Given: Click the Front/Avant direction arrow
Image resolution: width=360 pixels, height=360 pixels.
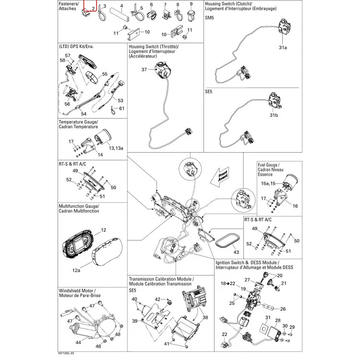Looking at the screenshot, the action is click(x=220, y=176).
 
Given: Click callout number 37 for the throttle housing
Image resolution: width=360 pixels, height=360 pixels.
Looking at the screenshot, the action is click(x=144, y=69).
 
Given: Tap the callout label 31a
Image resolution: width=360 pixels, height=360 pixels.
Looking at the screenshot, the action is click(x=283, y=48).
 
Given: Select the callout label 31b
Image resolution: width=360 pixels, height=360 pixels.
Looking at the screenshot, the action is click(x=274, y=115).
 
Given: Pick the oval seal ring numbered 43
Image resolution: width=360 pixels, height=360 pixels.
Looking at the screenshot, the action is click(x=228, y=240).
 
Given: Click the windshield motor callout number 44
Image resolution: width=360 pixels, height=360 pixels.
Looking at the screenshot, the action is click(x=78, y=342).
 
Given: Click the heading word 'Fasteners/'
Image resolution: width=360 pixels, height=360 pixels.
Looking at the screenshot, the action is click(x=69, y=4).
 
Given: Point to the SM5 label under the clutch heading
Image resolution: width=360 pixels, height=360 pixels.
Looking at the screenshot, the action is click(x=209, y=18).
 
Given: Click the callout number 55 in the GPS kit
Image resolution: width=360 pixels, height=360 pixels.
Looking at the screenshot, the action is click(x=105, y=74).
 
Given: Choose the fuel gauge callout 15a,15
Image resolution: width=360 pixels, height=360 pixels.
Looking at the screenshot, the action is click(x=268, y=183).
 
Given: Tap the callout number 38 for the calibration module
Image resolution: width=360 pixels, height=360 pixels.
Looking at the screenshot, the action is click(x=205, y=317).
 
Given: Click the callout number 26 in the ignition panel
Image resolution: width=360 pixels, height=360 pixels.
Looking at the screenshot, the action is click(x=283, y=309).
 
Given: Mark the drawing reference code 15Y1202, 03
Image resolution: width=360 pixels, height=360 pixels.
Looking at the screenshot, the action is click(x=66, y=353).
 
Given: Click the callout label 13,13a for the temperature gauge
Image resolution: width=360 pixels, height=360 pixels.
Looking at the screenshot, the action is click(x=116, y=148).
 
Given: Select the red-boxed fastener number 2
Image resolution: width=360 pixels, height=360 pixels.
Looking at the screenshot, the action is click(x=93, y=9).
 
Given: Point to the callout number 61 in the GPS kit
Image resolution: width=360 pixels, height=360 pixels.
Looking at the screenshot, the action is click(x=122, y=108).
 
